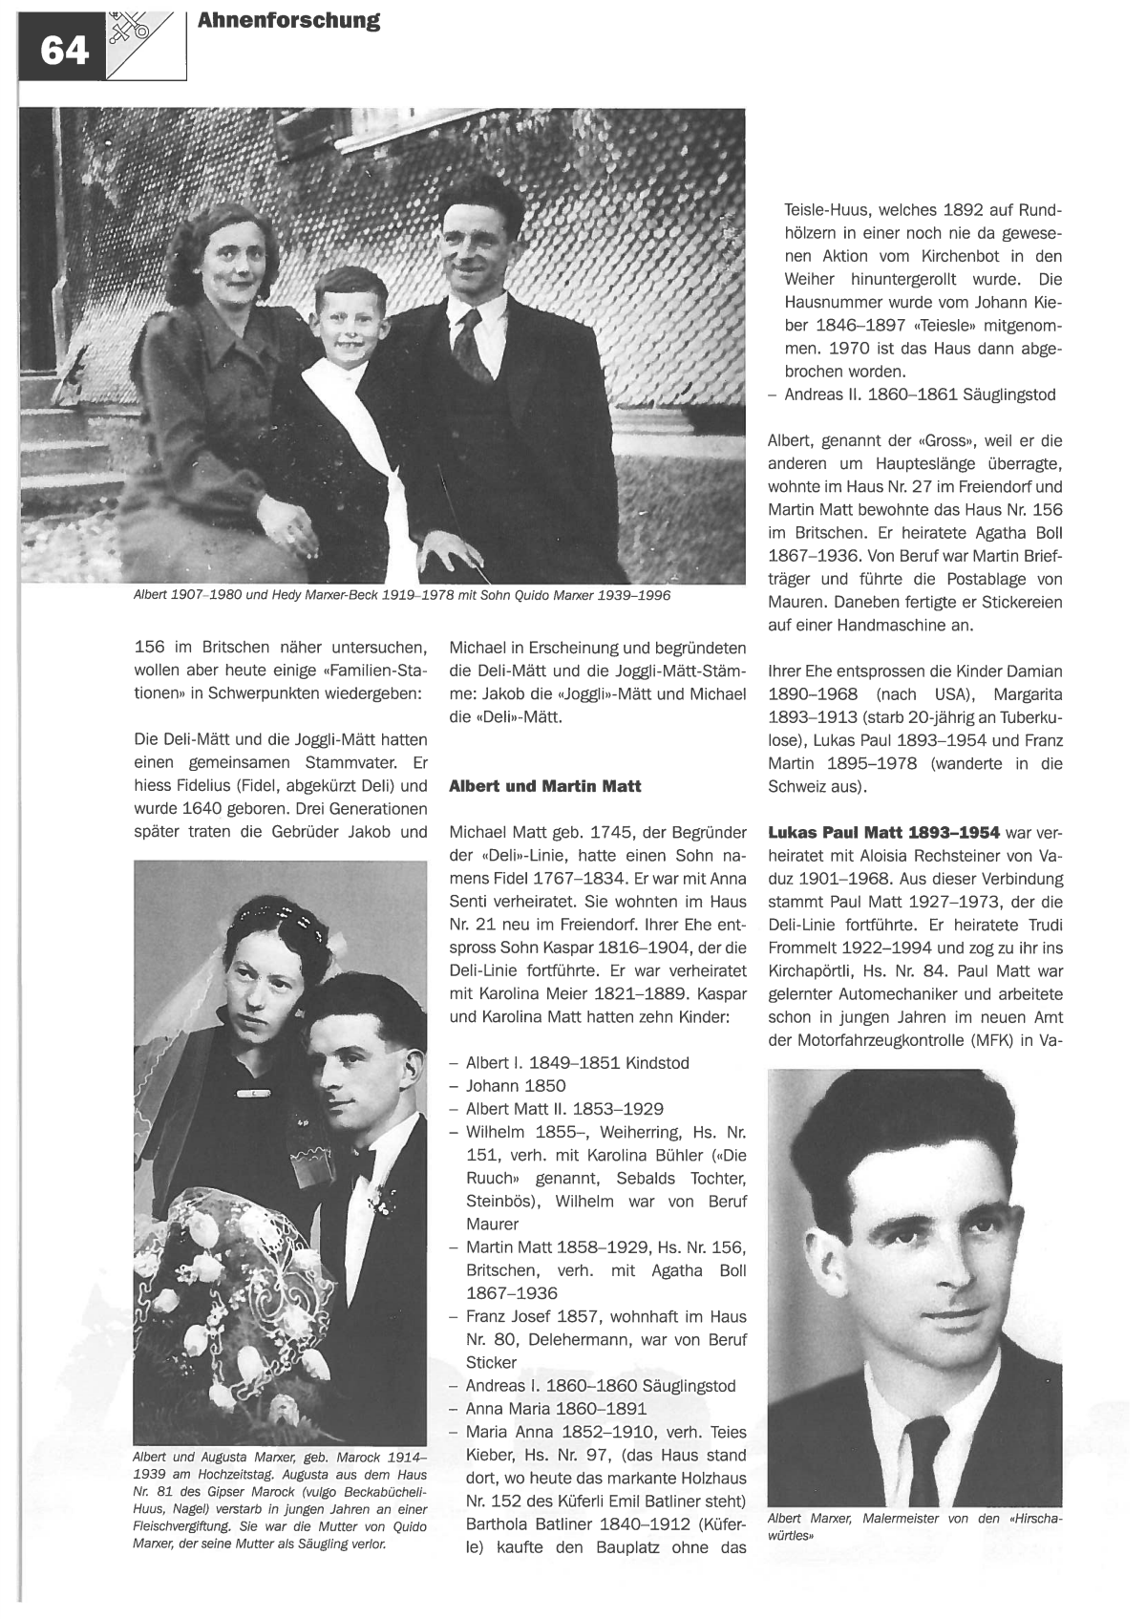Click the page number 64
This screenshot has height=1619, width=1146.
pos(64,50)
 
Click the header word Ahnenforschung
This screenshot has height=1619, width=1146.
pos(288,21)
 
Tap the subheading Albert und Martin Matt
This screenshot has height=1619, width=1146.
pos(545,786)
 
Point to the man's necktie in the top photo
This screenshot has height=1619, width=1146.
pos(469,345)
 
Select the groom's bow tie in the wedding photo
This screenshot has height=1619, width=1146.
pos(365,1164)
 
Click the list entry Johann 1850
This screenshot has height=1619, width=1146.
pos(516,1085)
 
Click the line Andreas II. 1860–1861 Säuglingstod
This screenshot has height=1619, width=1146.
pos(920,394)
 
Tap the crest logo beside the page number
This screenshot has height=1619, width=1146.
pos(134,34)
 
